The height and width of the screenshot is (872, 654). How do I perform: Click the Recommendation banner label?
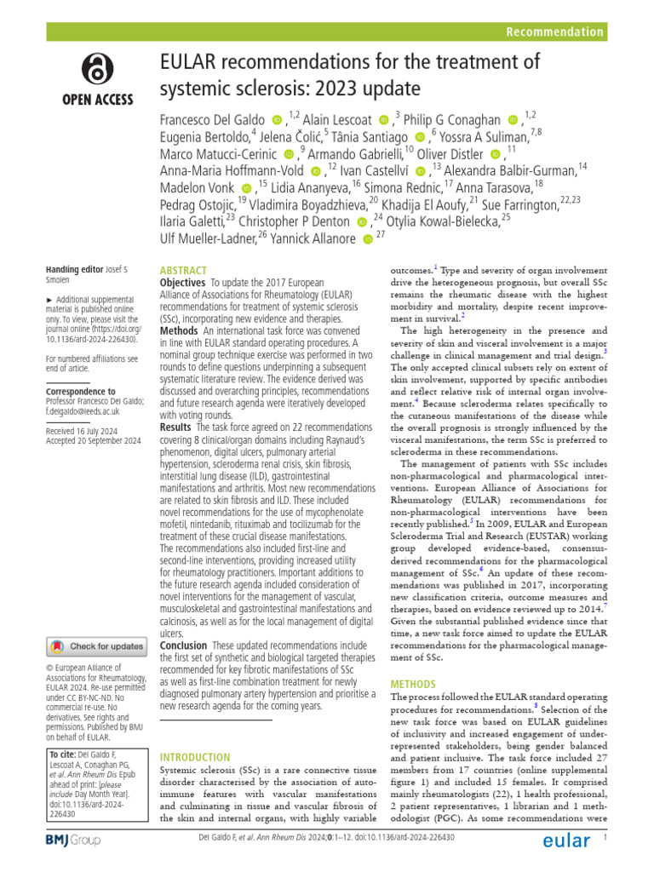[x=554, y=32]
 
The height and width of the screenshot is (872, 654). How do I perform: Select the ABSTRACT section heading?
[x=183, y=267]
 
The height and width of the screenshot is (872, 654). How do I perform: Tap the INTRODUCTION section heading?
[x=195, y=757]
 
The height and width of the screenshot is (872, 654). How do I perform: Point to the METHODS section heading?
[x=414, y=683]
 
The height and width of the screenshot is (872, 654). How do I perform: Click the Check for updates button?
[x=96, y=646]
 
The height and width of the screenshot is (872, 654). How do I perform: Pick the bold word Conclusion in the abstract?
[x=184, y=646]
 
